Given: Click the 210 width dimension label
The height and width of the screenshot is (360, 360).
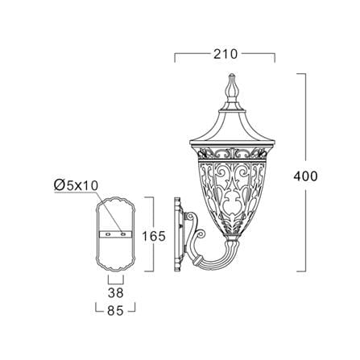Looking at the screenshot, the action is tap(226, 54).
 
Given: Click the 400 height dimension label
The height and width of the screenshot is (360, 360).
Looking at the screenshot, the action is tap(305, 176).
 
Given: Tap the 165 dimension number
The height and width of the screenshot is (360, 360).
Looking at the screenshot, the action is tap(154, 236).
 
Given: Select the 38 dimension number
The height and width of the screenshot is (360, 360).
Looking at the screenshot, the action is tap(116, 293).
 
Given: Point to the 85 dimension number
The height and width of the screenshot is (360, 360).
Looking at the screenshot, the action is tap(115, 311).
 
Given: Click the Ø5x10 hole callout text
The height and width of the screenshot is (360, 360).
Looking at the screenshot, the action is tap(76, 185).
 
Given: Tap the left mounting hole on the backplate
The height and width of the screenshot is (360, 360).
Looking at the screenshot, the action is tap(109, 234).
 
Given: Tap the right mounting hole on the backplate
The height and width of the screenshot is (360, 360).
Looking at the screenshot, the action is tap(123, 234).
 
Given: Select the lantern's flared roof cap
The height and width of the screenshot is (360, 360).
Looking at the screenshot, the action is tap(232, 126).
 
